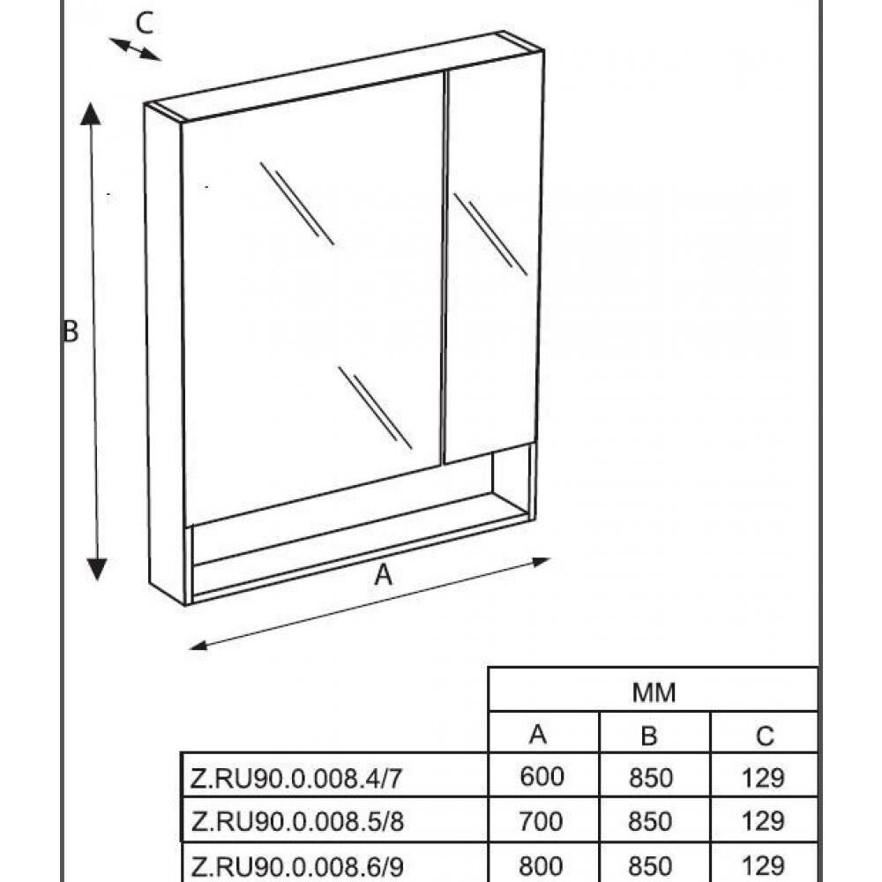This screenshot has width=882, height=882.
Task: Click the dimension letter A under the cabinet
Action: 383,575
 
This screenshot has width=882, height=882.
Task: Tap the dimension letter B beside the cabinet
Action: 71,333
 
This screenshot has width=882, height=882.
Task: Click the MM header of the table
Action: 654,692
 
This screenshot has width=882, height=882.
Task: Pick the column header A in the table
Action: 540,735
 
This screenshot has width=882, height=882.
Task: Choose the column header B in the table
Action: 650,735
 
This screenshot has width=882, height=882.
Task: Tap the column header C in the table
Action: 764,735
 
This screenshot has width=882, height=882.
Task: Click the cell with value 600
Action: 542,777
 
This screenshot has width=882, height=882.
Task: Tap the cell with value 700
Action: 542,821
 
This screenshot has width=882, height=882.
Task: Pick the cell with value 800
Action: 542,864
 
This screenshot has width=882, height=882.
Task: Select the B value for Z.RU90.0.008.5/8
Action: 651,821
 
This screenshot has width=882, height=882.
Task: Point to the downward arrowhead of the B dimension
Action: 98,569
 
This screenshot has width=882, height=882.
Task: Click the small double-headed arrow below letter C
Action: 135,49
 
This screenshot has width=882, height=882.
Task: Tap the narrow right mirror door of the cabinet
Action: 492,265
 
